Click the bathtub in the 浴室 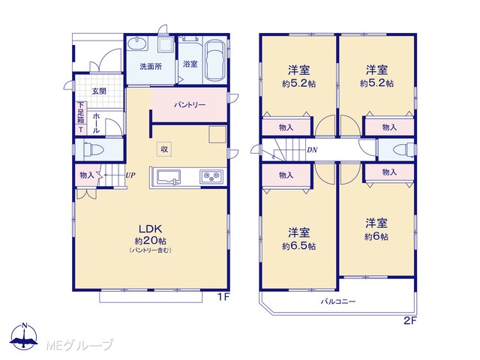click(215, 60)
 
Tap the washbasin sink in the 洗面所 click(137, 43)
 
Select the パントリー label click(190, 105)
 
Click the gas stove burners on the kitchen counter click(211, 176)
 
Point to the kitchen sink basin click(168, 177)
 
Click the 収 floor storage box click(164, 149)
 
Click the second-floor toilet click(403, 150)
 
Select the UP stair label click(130, 175)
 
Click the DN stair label click(312, 150)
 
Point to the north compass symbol click(24, 336)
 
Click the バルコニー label click(338, 301)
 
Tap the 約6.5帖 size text click(298, 246)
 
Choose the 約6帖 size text click(376, 237)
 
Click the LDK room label click(150, 229)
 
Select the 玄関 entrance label click(99, 91)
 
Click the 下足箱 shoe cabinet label click(81, 112)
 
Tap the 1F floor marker click(223, 296)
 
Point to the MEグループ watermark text click(79, 345)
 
